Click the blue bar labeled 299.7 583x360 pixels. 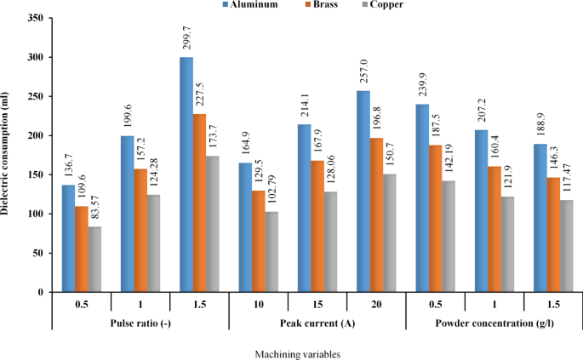pyautogui.click(x=186, y=174)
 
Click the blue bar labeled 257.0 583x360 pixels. pyautogui.click(x=362, y=191)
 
